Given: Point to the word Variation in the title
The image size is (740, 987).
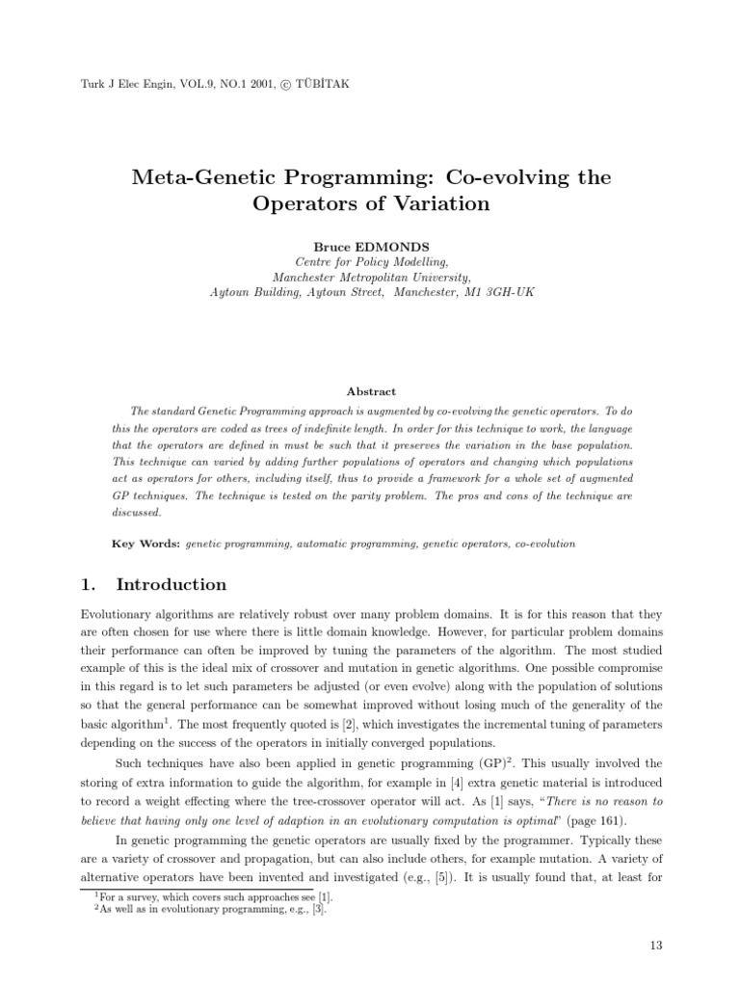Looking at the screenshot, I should coord(440,204).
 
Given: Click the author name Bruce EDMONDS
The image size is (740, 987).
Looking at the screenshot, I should coord(371,247).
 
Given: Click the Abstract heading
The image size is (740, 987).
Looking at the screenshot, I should coord(371,391).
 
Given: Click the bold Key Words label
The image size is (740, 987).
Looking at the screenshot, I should coord(145,544).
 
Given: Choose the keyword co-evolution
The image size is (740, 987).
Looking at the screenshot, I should coord(543,544).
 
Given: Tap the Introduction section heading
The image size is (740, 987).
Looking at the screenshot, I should coord(172,585).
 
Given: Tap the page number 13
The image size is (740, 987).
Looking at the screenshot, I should coord(656,946).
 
